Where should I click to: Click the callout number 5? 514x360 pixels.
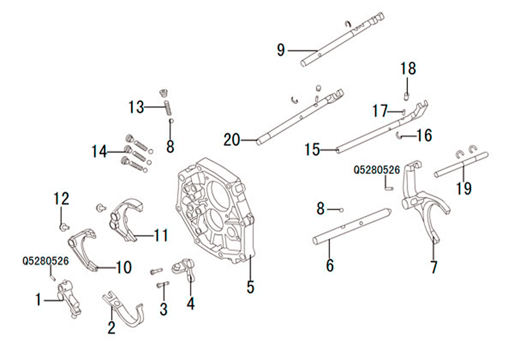click(x=250, y=287)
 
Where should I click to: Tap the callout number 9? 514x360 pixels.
click(x=281, y=50)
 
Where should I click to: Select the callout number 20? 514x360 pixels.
click(x=232, y=140)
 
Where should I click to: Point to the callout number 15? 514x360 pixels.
click(x=312, y=150)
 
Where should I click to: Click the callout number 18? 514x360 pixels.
click(x=408, y=68)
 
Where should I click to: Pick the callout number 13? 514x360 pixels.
click(x=136, y=107)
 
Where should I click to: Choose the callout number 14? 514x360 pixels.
click(x=99, y=152)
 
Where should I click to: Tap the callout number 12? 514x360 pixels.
click(x=62, y=199)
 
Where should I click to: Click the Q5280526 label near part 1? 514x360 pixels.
click(x=46, y=261)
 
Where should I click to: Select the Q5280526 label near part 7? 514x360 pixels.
click(x=377, y=170)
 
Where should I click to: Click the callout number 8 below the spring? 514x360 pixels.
click(x=170, y=146)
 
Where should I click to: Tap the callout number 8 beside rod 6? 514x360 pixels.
click(x=320, y=208)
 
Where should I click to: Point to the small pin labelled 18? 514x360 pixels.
click(x=406, y=96)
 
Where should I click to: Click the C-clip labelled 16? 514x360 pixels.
click(x=399, y=135)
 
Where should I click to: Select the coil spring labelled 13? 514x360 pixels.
click(x=168, y=107)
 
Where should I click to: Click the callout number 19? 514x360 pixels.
click(x=464, y=188)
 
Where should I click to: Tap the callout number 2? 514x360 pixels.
click(x=112, y=328)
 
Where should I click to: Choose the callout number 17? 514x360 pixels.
click(x=380, y=111)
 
